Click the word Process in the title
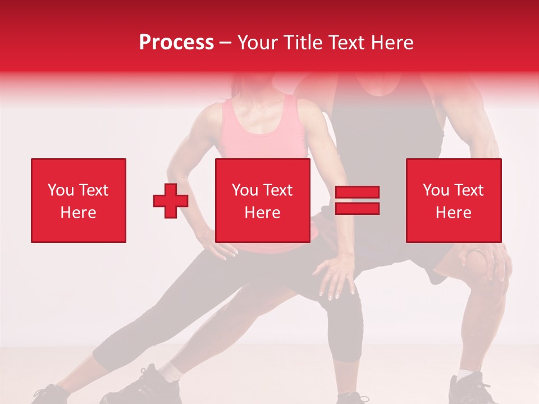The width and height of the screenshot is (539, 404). click(176, 43)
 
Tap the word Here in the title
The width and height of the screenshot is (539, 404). click(390, 43)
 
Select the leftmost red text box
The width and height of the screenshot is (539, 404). click(79, 200)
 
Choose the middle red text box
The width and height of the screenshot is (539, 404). click(262, 200)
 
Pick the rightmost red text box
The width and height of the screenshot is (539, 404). click(453, 200)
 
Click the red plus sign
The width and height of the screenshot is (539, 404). click(171, 201)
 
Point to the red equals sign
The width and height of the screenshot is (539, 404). click(357, 200)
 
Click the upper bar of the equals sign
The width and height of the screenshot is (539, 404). click(357, 192)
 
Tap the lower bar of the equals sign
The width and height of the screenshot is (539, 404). click(357, 209)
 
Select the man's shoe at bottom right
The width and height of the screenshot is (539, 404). click(472, 390)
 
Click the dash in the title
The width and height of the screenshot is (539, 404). click(226, 43)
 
